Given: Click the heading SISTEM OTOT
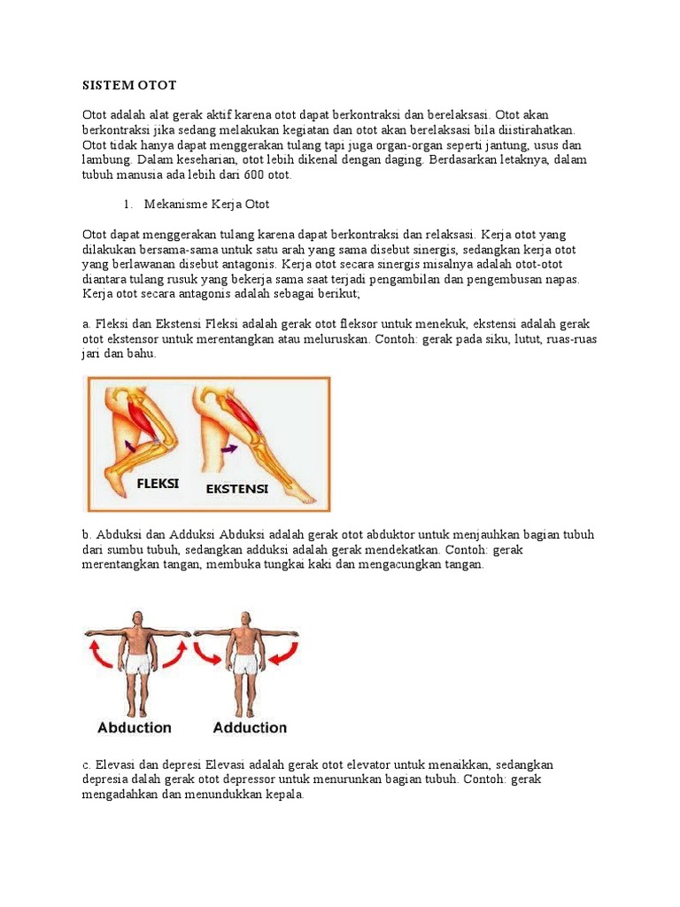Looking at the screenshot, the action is [129, 85].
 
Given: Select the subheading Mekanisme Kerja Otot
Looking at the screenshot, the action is [206, 205].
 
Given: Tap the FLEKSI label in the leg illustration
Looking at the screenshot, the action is [158, 484].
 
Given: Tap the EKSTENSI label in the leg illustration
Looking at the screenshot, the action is [237, 489].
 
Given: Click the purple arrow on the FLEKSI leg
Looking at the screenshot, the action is [131, 445].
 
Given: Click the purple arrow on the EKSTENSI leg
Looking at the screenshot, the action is [229, 448].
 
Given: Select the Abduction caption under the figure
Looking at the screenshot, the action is [135, 728].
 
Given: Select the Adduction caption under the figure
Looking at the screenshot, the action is [250, 728].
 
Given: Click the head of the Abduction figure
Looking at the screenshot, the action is [137, 618].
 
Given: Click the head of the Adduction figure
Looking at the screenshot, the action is [246, 619].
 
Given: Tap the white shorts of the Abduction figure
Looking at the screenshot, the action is [138, 664].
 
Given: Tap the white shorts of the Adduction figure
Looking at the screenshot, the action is [246, 664].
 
